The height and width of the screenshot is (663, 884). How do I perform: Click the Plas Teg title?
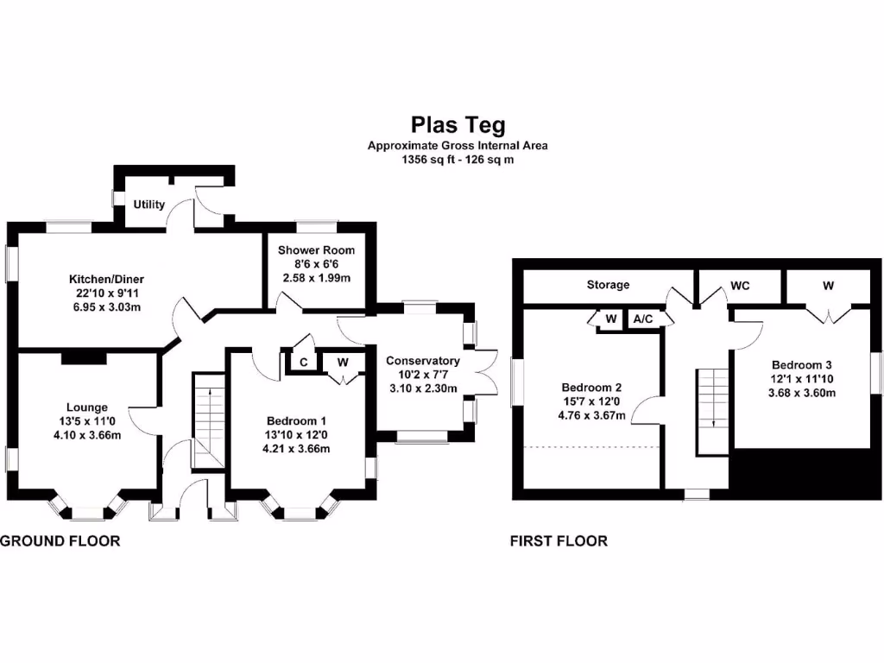pos(458,126)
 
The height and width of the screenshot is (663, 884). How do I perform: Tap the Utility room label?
pos(148,205)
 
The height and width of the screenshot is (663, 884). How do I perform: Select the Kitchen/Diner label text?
pos(106,279)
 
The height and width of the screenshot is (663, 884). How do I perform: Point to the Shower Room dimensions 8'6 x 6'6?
pos(316,264)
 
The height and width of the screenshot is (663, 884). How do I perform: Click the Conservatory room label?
pos(422,361)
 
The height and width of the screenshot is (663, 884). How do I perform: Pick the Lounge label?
pos(87,407)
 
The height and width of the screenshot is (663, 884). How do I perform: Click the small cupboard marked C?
pos(304,363)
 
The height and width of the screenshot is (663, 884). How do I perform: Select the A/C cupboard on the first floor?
pos(643,319)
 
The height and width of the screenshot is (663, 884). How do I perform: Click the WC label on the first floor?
pos(740,284)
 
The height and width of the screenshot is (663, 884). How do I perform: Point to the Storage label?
pos(608,284)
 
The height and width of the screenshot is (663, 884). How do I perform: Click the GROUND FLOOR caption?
pos(60,541)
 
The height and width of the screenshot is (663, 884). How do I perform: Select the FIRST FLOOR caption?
pos(559,541)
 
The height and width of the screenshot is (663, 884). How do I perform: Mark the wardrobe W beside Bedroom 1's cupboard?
pos(343,363)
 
